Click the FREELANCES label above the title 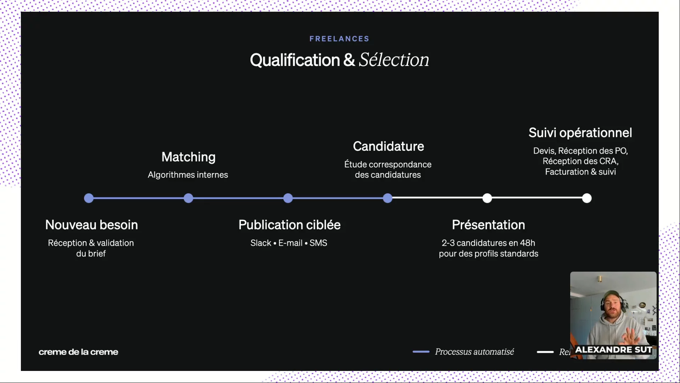coord(339,39)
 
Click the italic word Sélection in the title coord(394,60)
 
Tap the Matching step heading coord(188,157)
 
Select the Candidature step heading coord(388,146)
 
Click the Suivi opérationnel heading coord(580,133)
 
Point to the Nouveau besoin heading coord(91,224)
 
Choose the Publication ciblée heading coord(289,224)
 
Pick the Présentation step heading coord(488,224)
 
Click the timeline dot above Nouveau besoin coord(89,198)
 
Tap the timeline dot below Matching coord(188,198)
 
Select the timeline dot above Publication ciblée coord(288,198)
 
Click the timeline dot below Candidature coord(388,198)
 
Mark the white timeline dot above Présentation coord(487,198)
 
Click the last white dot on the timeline coord(587,198)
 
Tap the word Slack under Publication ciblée coord(261,243)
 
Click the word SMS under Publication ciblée coord(318,243)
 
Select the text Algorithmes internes coord(188,175)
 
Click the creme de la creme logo coord(78,352)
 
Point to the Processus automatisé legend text coord(474,351)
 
